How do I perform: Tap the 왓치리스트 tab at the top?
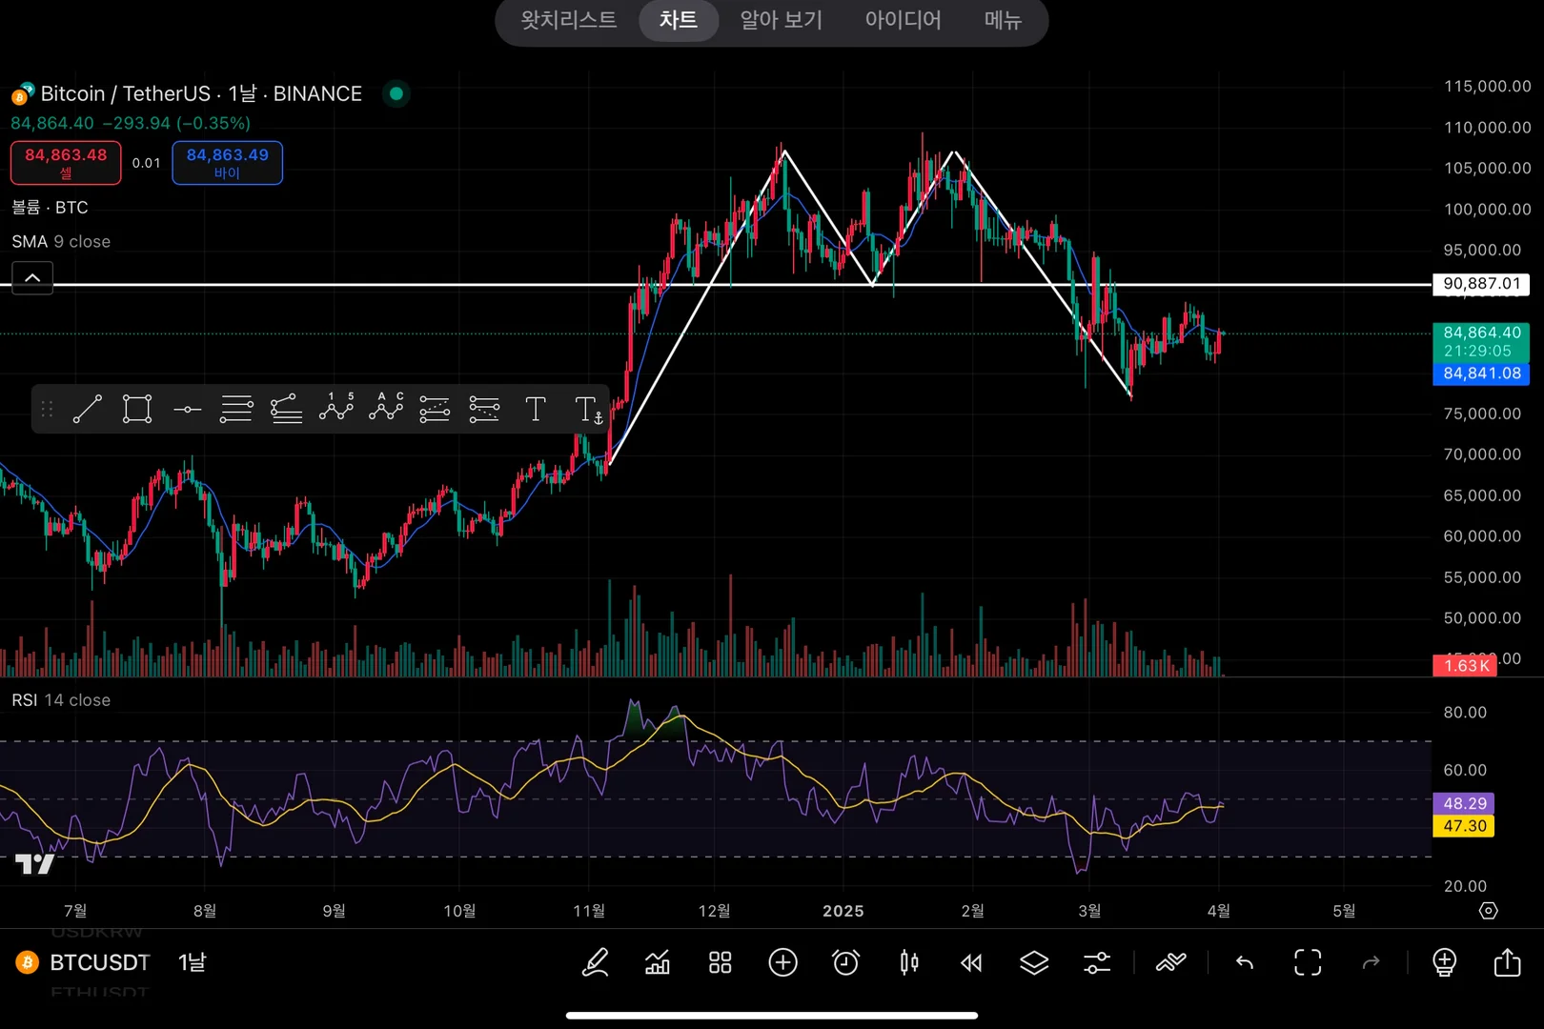568,20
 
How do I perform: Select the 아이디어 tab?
903,20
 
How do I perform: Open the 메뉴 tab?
1003,20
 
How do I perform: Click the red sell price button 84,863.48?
66,162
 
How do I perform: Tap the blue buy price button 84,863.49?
227,162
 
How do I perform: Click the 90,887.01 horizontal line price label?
1481,284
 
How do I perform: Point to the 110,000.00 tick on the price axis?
1487,127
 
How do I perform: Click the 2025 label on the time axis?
843,911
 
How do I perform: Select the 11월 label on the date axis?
588,911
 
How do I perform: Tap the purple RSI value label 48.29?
1464,803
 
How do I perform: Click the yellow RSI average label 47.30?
1464,826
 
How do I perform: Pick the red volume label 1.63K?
1465,665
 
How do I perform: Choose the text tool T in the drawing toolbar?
536,410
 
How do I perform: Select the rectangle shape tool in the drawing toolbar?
137,410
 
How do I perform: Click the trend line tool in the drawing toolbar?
87,410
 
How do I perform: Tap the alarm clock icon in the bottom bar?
845,962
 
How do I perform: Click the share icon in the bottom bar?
1507,962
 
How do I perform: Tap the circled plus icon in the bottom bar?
782,962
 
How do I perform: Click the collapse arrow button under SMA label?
32,277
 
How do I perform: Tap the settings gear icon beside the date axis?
1488,911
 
